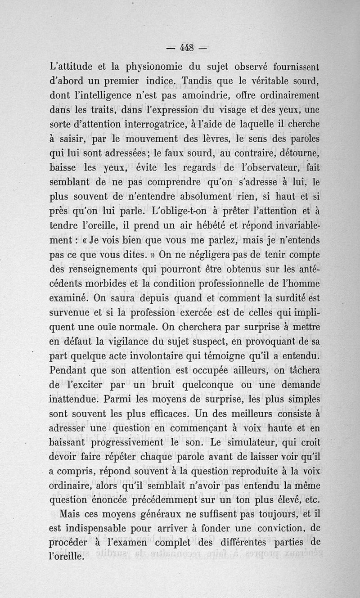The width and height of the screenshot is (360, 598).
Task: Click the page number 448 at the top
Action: (x=187, y=47)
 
